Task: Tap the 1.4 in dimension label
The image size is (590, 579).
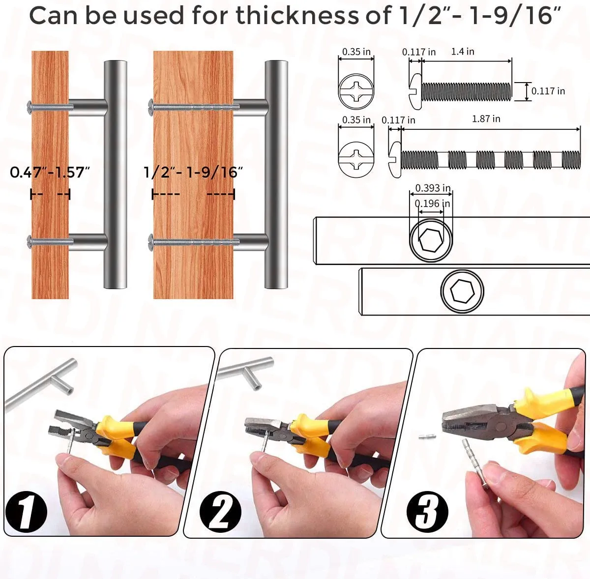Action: pos(463,51)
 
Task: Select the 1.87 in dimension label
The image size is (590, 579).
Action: pos(486,119)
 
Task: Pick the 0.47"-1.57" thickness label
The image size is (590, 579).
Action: pos(50,173)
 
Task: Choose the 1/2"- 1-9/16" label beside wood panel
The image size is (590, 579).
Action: pos(193,173)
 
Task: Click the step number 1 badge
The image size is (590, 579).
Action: pos(26,513)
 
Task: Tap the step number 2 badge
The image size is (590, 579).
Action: pos(221,513)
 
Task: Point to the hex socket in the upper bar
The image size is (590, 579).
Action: pos(431,239)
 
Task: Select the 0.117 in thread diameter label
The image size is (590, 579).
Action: pos(548,91)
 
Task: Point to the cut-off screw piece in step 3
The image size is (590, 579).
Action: pos(428,436)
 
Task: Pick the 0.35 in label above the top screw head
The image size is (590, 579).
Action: pos(356,52)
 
